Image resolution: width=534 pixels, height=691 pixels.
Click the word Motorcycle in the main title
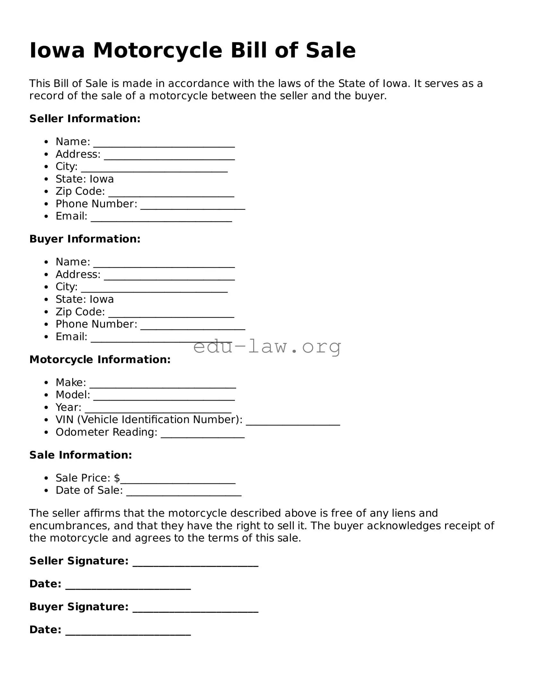point(158,51)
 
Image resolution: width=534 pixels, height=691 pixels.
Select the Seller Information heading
point(85,119)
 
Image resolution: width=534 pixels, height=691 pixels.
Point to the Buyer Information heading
point(85,239)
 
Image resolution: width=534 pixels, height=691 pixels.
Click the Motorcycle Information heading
point(100,360)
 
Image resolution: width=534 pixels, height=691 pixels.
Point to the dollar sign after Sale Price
point(117,478)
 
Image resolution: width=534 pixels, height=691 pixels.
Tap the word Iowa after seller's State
point(101,179)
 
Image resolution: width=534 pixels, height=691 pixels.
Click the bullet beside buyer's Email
point(47,337)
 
